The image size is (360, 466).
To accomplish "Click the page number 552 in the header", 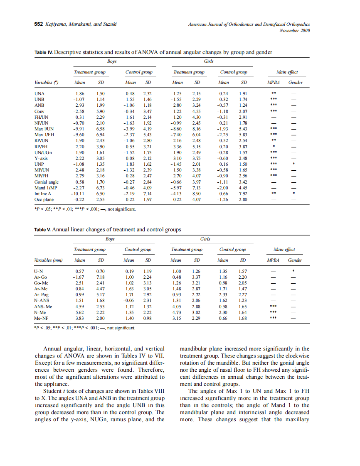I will [39, 24].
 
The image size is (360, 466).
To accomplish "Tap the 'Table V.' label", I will [42, 229].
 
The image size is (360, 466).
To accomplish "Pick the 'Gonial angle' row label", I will [46, 182].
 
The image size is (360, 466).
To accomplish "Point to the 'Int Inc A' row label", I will [43, 194].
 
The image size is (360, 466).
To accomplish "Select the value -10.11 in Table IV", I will [78, 194].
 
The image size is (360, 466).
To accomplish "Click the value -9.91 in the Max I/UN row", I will [79, 129].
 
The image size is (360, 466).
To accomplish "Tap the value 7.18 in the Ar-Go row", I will [100, 277].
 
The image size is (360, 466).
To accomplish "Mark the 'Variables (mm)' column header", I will [48, 260].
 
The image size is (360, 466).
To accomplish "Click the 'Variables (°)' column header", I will [46, 82].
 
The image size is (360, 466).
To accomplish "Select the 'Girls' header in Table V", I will [205, 239].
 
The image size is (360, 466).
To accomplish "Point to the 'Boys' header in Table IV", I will [111, 61].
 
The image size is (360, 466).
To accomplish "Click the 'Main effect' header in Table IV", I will [287, 72].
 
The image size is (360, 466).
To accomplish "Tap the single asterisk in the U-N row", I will [293, 271].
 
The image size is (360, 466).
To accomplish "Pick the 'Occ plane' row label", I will [44, 199].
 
